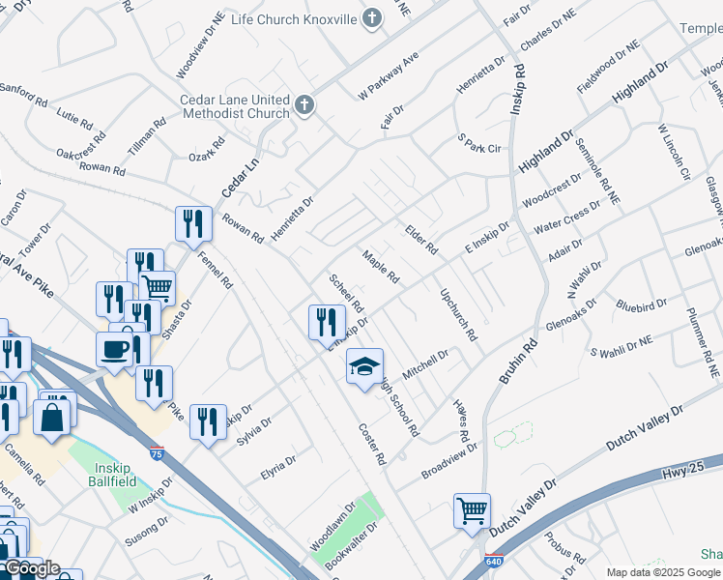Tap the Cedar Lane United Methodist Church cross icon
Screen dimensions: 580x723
coord(304,105)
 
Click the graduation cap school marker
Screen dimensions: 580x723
coord(364,367)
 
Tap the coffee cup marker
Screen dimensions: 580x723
coord(115,350)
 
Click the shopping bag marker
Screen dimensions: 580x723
coord(51,417)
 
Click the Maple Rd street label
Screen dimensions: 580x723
coord(381,267)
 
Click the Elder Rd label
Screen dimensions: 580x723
coord(421,241)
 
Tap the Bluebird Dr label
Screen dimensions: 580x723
coord(641,305)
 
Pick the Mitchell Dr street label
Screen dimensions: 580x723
coord(426,362)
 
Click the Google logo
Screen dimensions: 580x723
coord(31,568)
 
